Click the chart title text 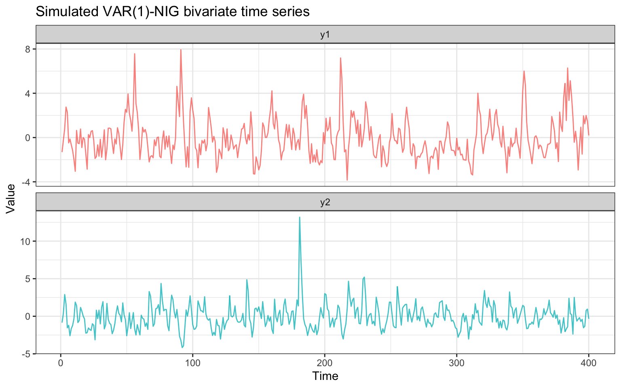click(173, 12)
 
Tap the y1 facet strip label click(325, 35)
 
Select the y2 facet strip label click(325, 202)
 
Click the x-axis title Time click(325, 376)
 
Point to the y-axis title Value click(11, 198)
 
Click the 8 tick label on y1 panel click(28, 49)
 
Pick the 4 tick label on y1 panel click(28, 93)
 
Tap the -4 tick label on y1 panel click(26, 182)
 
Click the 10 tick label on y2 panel click(26, 241)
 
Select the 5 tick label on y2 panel click(28, 279)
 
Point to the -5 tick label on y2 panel click(26, 354)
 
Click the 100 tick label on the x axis click(192, 363)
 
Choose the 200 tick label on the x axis click(325, 363)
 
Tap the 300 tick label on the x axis click(456, 363)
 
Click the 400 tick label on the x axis click(589, 363)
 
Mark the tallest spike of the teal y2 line click(300, 217)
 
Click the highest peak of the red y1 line click(181, 50)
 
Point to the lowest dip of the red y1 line click(347, 180)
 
